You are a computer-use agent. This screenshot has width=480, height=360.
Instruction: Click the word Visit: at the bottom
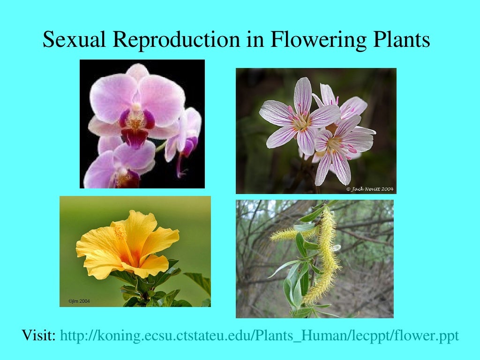39,336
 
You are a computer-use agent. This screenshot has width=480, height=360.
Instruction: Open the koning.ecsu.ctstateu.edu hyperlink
260,336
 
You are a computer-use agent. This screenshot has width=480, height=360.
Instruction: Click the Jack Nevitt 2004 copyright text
370,189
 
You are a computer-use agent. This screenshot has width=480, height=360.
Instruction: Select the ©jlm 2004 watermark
79,301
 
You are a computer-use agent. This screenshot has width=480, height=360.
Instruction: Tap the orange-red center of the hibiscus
134,257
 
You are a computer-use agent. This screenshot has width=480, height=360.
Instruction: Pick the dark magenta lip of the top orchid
135,136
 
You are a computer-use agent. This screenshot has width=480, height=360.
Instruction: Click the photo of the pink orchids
142,124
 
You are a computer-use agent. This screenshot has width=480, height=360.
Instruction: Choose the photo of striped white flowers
316,131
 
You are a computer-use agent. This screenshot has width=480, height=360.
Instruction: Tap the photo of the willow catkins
315,259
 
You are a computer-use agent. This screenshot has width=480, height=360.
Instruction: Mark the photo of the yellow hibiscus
135,251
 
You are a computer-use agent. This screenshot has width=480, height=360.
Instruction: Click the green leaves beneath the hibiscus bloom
150,288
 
